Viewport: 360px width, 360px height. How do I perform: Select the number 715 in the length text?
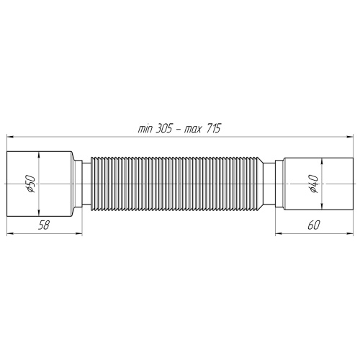(212, 128)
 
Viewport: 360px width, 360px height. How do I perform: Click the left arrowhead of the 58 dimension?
(10, 232)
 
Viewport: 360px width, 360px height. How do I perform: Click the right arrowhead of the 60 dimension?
(348, 232)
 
